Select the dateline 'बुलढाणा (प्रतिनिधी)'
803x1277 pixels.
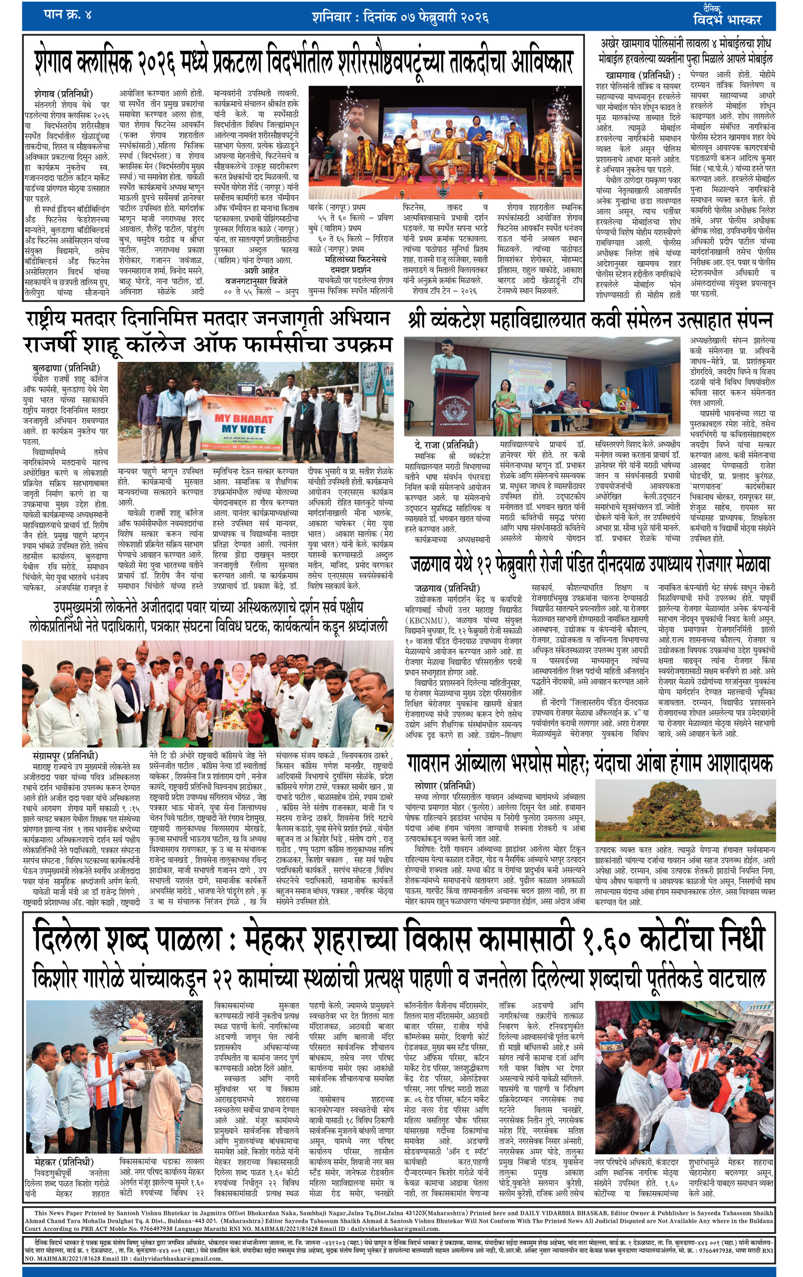tap(66, 368)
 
